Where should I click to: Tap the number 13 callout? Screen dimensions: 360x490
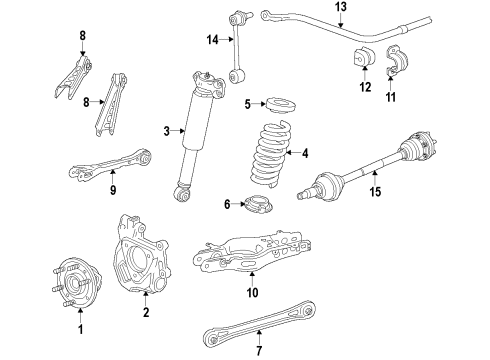click(x=341, y=7)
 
